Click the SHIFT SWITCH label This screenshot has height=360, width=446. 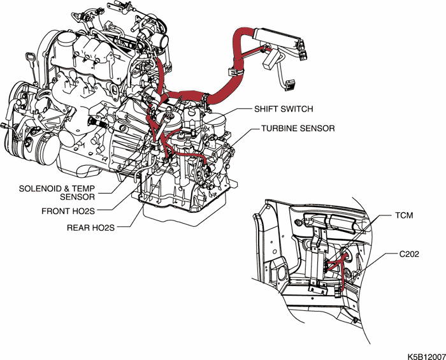pyautogui.click(x=284, y=109)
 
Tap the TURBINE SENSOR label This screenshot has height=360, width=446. pyautogui.click(x=298, y=128)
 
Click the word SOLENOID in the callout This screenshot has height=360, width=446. pyautogui.click(x=43, y=189)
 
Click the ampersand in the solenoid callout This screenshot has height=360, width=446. pyautogui.click(x=74, y=189)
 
